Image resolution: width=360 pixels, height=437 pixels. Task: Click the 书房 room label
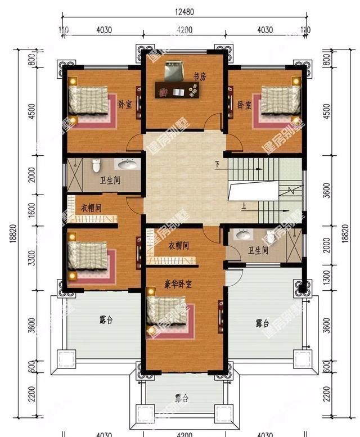pyautogui.click(x=200, y=77)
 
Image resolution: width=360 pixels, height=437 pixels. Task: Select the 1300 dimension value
pyautogui.click(x=326, y=275)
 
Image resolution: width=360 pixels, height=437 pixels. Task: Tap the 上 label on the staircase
pyautogui.click(x=244, y=206)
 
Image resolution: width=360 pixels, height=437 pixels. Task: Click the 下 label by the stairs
pyautogui.click(x=217, y=165)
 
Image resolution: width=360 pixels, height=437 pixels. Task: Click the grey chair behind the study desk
pyautogui.click(x=173, y=71)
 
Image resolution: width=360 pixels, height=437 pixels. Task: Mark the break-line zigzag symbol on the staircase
pyautogui.click(x=291, y=190)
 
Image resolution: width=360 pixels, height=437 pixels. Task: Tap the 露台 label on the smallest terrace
pyautogui.click(x=181, y=398)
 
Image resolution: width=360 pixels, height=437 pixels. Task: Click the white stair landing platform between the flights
pyautogui.click(x=253, y=190)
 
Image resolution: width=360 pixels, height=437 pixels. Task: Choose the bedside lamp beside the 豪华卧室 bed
pyautogui.click(x=150, y=291)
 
